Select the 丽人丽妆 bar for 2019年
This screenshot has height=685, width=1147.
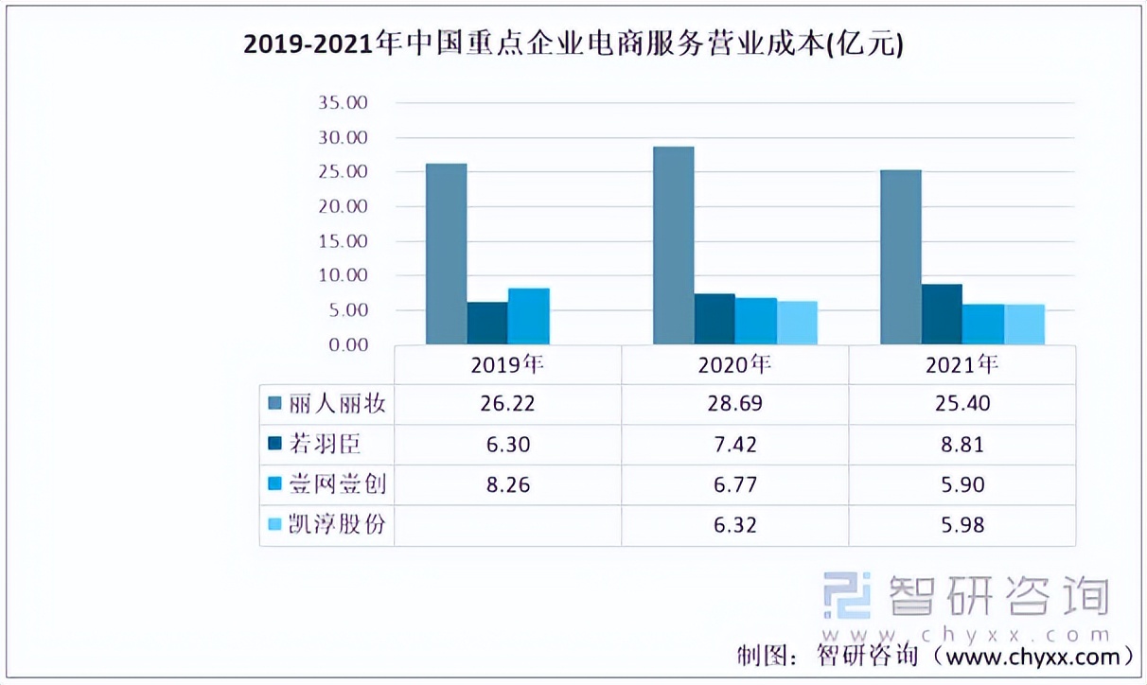click(x=446, y=254)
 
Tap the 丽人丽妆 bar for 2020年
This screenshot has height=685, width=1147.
click(x=673, y=245)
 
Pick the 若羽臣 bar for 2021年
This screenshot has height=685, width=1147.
click(x=943, y=314)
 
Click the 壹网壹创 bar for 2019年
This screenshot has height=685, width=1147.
click(x=528, y=316)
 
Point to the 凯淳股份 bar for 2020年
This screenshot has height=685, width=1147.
click(x=797, y=323)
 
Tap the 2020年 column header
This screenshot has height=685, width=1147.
click(x=734, y=365)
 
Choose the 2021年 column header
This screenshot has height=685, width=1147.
click(x=962, y=365)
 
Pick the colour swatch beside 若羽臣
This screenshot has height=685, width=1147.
click(x=275, y=445)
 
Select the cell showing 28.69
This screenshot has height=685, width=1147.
click(x=734, y=404)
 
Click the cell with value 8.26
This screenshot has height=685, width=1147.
click(x=507, y=485)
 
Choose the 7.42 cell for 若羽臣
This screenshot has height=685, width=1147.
click(x=734, y=445)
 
